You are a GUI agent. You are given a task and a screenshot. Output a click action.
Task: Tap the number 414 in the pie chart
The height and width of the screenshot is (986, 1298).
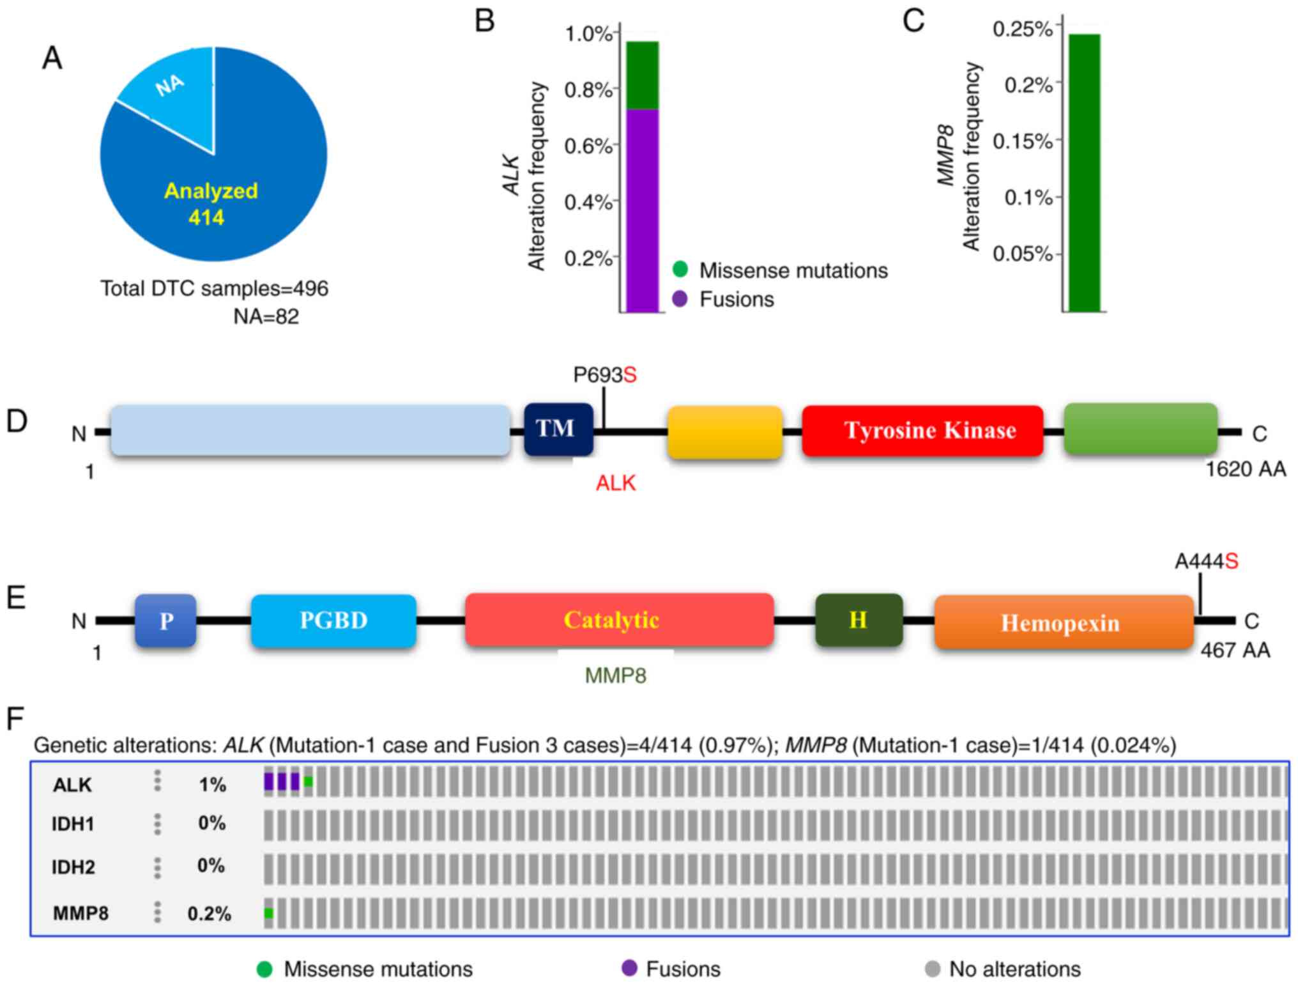pos(206,217)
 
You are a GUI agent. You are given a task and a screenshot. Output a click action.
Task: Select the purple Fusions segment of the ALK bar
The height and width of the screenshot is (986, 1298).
pos(642,211)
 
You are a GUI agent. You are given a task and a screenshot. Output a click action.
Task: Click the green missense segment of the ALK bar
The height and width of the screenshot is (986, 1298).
pos(642,75)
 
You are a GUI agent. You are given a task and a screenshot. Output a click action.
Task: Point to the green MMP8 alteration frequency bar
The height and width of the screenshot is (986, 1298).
pos(1085,173)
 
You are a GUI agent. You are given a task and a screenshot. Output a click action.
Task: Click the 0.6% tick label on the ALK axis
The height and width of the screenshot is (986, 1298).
pos(588,146)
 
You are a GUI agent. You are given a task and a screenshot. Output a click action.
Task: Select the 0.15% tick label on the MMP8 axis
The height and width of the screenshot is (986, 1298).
pos(1022,141)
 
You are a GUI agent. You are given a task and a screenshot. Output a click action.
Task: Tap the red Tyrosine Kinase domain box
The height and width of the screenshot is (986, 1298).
pos(922,431)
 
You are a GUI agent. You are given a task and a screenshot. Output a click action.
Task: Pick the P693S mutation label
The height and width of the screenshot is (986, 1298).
pos(604,375)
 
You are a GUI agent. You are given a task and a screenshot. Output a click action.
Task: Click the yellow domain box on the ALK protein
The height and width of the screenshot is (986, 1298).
pos(725,432)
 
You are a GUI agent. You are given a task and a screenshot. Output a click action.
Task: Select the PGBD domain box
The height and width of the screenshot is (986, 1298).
pos(333,620)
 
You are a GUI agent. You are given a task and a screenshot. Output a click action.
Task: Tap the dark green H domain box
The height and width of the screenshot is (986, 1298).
pos(859,620)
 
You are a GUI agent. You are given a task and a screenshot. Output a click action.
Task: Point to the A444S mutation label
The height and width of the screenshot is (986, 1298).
pos(1206,562)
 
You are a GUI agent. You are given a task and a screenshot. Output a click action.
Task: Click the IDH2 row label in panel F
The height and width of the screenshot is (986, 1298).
pos(73,867)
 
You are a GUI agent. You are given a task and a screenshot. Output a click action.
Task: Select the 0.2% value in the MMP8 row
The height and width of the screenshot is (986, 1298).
pos(209,914)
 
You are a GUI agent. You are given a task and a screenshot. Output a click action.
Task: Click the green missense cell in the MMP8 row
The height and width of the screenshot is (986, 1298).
pos(269,913)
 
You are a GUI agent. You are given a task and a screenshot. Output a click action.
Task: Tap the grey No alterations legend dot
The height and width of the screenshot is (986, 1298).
pos(933,969)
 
